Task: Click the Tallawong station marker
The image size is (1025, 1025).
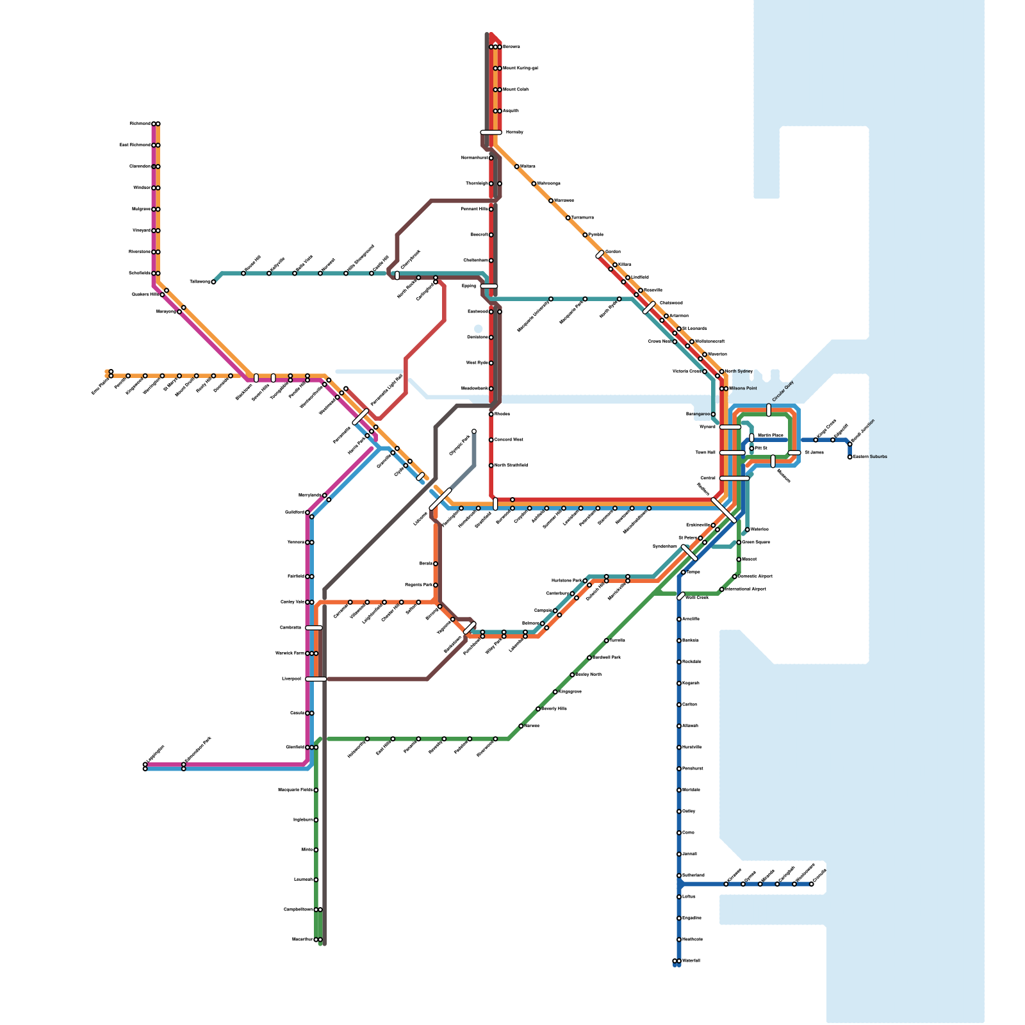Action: (213, 282)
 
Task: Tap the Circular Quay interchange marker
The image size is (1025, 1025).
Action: (769, 410)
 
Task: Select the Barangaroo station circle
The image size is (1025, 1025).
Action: (713, 414)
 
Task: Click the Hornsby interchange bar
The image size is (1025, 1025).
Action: (491, 133)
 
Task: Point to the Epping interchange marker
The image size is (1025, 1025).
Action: (489, 286)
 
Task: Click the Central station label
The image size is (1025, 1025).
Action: (708, 478)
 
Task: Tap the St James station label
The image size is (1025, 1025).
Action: (814, 453)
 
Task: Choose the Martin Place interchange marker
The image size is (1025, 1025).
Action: (751, 437)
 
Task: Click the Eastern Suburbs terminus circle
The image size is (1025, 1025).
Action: (850, 457)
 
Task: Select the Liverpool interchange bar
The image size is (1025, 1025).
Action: (316, 679)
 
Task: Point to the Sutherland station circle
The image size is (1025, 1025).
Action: (679, 875)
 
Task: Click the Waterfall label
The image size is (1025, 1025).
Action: (692, 961)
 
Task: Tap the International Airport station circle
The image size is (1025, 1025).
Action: (722, 589)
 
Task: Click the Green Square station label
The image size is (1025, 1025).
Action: (756, 542)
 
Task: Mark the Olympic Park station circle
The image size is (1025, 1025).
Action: (474, 431)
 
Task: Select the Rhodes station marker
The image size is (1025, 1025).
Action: (491, 414)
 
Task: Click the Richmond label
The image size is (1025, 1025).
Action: (140, 124)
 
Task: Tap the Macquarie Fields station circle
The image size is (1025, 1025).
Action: (316, 790)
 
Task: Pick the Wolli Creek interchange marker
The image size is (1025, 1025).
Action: (681, 596)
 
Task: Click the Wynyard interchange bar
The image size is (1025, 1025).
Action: (730, 427)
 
